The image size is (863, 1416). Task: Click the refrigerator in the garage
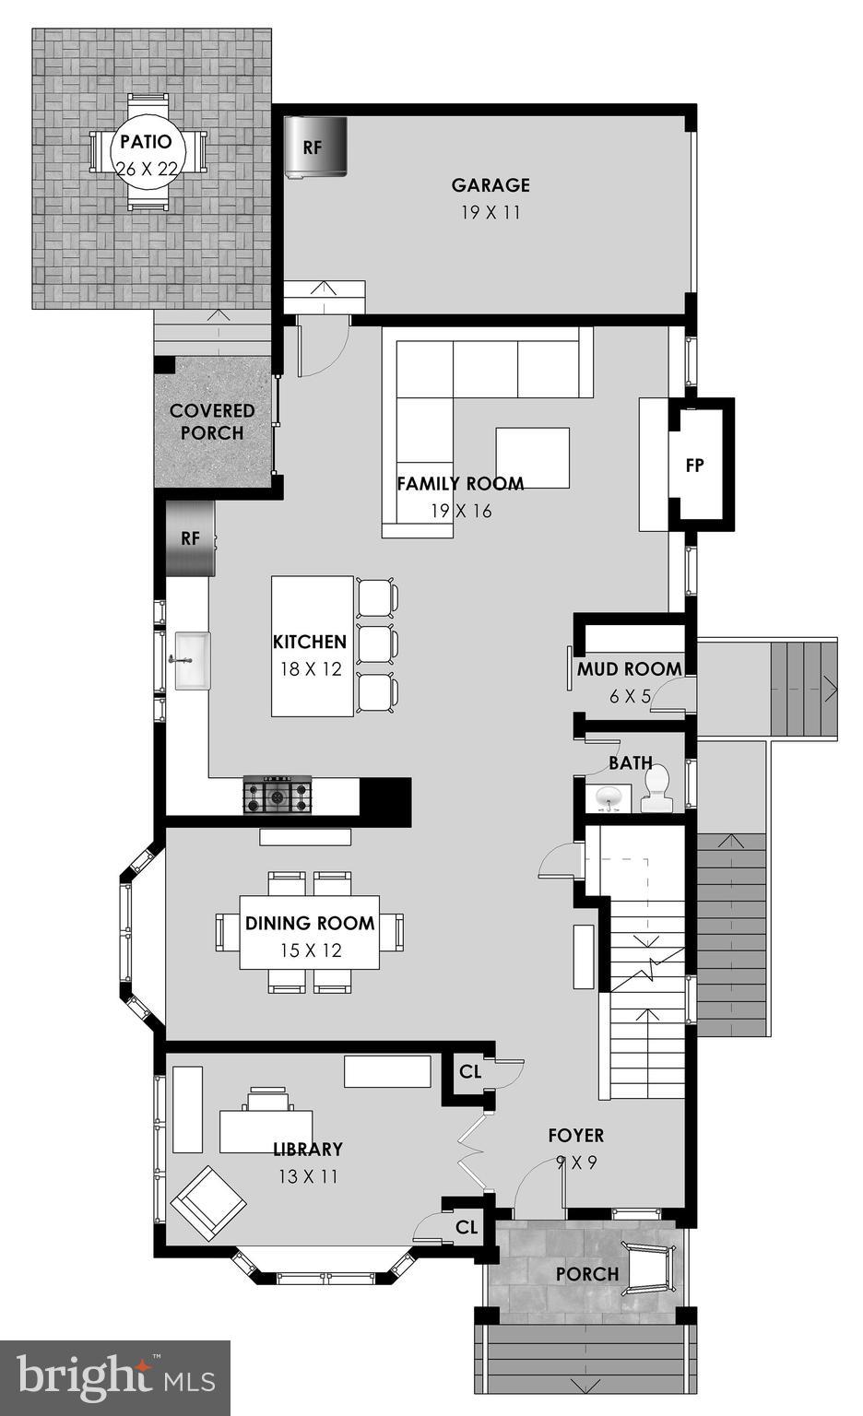tap(314, 146)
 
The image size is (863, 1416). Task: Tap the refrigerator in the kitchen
tap(190, 538)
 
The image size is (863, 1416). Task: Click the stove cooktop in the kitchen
tap(278, 795)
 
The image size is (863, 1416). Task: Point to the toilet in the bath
tap(657, 790)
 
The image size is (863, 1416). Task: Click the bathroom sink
tap(608, 797)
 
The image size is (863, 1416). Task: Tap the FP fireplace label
tap(695, 466)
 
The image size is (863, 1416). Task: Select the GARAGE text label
tap(491, 185)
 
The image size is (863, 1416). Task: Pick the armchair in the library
tap(208, 1203)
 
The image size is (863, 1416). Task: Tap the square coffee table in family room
tap(532, 457)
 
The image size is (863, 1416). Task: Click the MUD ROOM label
tap(629, 669)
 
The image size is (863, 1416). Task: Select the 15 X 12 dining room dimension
tap(309, 950)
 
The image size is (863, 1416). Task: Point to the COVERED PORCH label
tap(212, 421)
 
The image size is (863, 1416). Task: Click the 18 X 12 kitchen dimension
tap(311, 669)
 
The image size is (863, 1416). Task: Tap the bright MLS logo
tap(115, 1377)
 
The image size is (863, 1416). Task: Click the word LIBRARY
tap(308, 1149)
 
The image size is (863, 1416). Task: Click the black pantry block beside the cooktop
tap(384, 797)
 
